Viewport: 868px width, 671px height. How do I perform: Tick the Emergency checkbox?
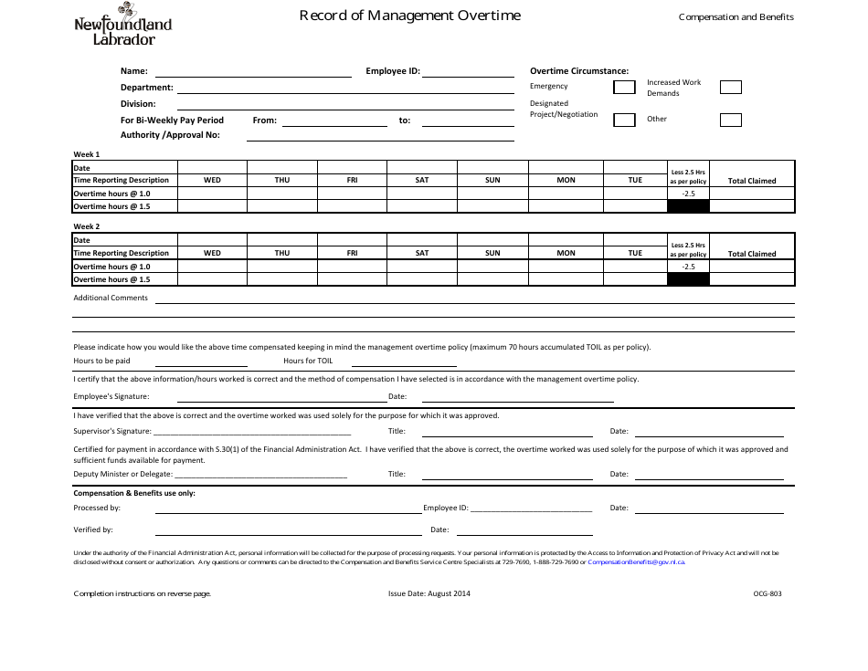click(624, 88)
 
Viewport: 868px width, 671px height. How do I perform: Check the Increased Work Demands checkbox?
click(730, 88)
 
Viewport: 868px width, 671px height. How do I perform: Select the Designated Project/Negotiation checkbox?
click(624, 120)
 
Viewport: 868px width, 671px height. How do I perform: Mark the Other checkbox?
click(730, 120)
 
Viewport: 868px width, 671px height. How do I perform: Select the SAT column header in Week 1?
click(422, 181)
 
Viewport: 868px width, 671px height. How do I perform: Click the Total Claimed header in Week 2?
click(752, 254)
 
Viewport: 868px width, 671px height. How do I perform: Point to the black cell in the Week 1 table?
click(688, 206)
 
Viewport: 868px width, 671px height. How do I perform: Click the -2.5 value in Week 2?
click(688, 267)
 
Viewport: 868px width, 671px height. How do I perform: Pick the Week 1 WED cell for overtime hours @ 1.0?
click(212, 194)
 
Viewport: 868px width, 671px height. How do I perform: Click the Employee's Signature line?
click(279, 398)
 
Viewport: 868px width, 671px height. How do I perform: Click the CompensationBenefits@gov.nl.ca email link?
click(636, 562)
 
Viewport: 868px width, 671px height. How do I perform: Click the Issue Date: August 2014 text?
click(429, 593)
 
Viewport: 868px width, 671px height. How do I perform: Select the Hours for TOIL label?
click(308, 361)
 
